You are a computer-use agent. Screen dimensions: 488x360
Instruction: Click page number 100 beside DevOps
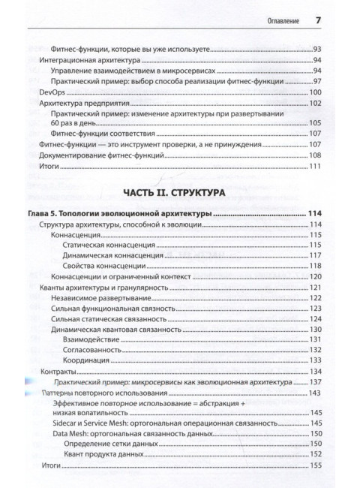coord(315,92)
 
